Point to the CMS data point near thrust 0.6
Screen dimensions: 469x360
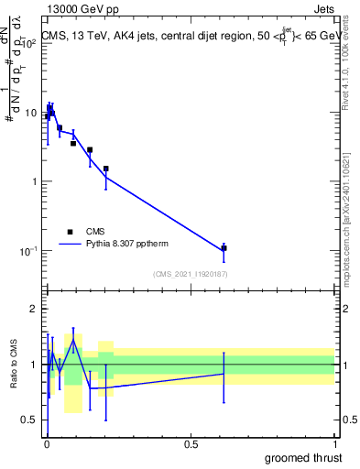224,248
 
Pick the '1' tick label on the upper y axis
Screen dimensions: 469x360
34,181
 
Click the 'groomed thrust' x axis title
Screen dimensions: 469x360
304,457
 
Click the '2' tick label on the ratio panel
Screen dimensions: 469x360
34,309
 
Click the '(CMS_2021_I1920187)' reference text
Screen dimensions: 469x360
190,274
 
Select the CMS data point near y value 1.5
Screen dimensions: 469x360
106,169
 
